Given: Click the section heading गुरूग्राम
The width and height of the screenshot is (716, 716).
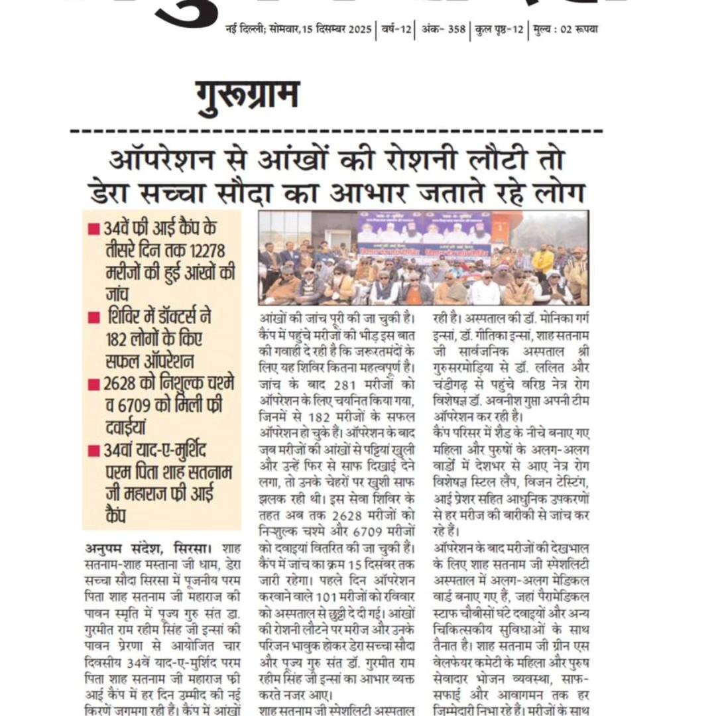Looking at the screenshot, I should click(x=247, y=96).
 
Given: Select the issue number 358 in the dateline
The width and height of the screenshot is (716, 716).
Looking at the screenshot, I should click(x=455, y=30).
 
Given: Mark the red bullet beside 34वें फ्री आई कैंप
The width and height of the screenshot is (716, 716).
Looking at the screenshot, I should click(x=94, y=229).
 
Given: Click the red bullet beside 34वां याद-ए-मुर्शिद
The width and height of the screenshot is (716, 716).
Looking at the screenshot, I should click(x=94, y=451).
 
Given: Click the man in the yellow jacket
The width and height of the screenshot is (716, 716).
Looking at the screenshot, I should click(x=543, y=261).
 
